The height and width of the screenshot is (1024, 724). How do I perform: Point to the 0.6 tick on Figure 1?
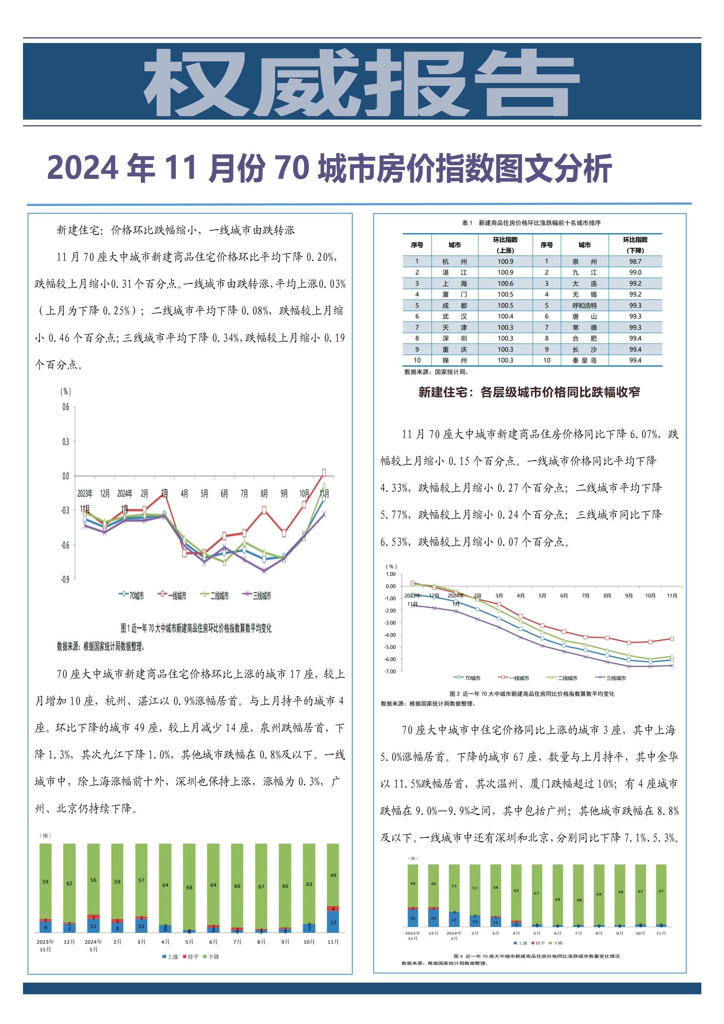tap(66, 407)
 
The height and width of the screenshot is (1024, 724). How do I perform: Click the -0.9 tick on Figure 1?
tap(65, 579)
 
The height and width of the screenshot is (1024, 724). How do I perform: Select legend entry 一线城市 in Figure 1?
tap(172, 595)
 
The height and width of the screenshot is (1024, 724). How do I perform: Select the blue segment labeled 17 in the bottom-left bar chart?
tap(333, 922)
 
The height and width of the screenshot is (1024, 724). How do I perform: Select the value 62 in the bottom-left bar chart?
tap(69, 883)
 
